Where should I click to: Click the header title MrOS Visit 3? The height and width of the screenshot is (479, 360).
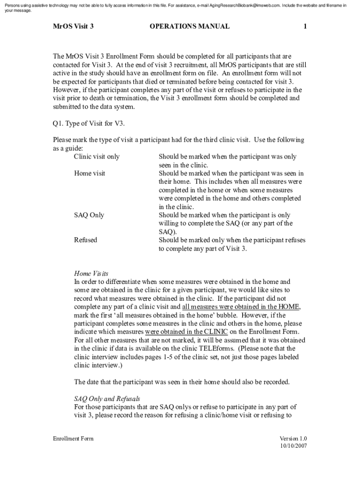click(73, 27)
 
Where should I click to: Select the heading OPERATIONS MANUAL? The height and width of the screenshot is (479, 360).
click(189, 27)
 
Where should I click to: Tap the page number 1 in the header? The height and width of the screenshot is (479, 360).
click(305, 27)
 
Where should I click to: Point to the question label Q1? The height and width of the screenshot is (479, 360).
click(58, 123)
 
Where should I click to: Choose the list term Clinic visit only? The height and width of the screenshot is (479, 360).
click(97, 157)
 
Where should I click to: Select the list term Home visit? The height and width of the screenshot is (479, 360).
click(90, 174)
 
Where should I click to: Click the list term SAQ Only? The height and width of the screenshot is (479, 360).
click(89, 215)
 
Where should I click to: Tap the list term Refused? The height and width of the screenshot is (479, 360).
click(86, 240)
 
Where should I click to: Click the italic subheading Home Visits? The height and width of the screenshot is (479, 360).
click(91, 273)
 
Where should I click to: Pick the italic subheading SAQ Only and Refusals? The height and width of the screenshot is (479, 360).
click(107, 399)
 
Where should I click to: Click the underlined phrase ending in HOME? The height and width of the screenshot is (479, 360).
click(241, 307)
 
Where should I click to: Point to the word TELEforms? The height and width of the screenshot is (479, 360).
click(218, 349)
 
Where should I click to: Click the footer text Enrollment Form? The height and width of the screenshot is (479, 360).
click(73, 439)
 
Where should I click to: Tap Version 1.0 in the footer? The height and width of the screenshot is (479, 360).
click(293, 439)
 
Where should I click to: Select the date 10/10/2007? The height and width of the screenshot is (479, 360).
click(293, 446)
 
